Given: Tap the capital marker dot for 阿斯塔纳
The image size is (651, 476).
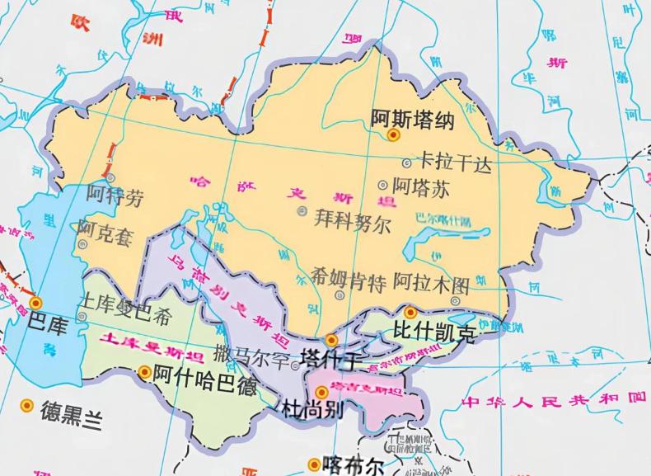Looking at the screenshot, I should pyautogui.click(x=394, y=134).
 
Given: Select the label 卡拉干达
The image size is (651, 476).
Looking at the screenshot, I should pyautogui.click(x=456, y=163).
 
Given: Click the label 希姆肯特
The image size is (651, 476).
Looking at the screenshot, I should pyautogui.click(x=349, y=285).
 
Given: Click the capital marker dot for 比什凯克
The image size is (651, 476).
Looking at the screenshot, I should pyautogui.click(x=410, y=312).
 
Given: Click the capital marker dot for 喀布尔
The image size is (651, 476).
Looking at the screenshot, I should pyautogui.click(x=314, y=464).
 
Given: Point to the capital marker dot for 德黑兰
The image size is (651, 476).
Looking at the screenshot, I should pyautogui.click(x=27, y=406).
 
